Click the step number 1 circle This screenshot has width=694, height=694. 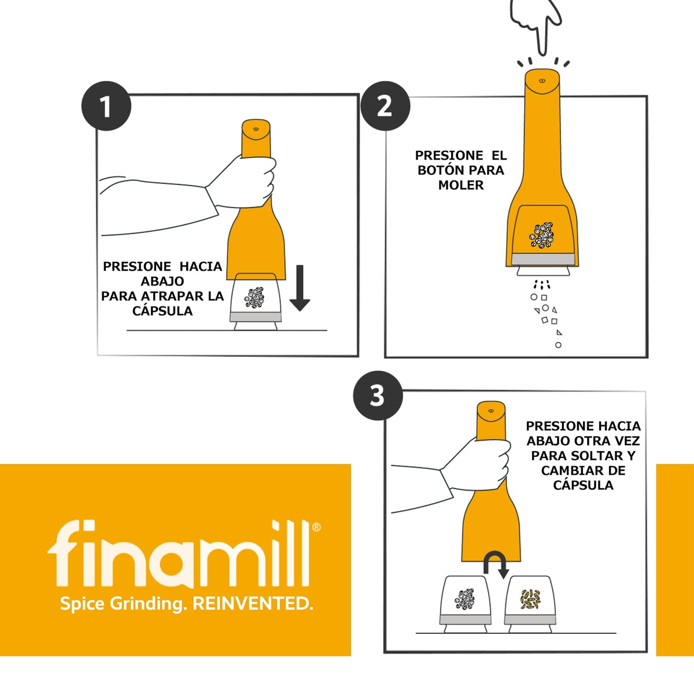click(106, 107)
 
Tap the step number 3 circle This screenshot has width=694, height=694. click(377, 396)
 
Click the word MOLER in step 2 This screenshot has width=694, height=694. click(461, 185)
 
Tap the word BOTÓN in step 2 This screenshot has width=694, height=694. click(441, 171)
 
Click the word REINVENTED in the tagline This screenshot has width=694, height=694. click(252, 604)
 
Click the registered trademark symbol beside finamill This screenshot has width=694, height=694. click(316, 527)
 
